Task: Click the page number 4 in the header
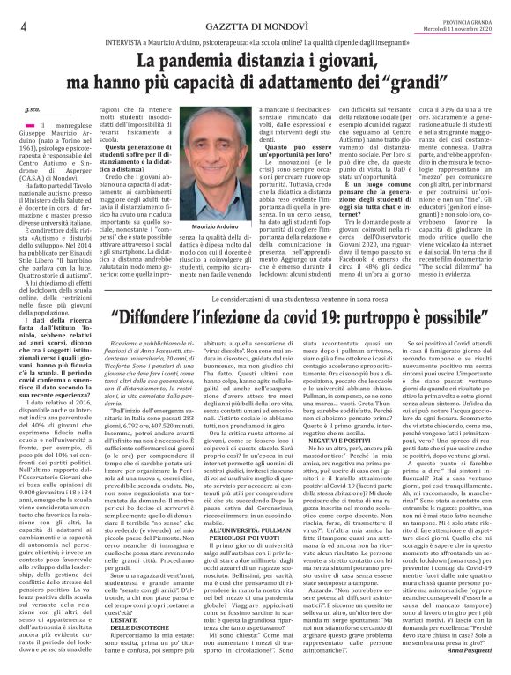tap(20, 26)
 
